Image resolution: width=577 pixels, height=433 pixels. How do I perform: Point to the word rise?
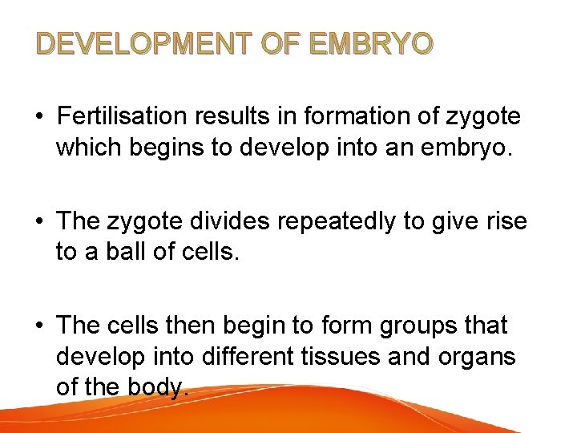coord(506,221)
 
